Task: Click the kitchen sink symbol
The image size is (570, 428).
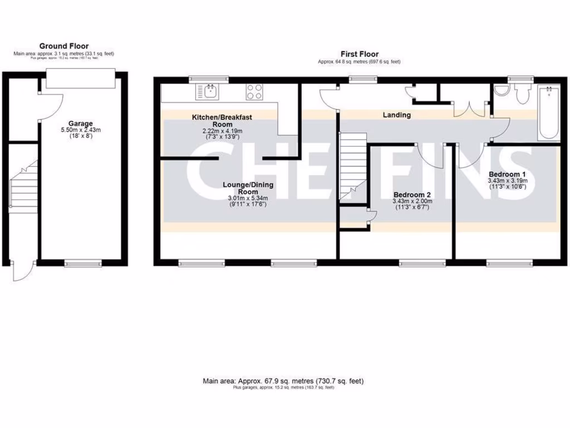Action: pyautogui.click(x=210, y=91)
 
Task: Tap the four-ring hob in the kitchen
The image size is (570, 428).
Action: pyautogui.click(x=255, y=91)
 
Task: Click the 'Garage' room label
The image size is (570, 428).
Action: pyautogui.click(x=81, y=123)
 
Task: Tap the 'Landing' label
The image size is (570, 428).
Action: pyautogui.click(x=397, y=115)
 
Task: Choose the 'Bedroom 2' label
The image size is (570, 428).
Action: pyautogui.click(x=412, y=194)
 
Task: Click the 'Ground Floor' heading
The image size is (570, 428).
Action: pyautogui.click(x=63, y=46)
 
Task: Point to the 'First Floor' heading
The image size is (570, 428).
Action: pyautogui.click(x=360, y=54)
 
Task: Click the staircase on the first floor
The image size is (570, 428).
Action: pyautogui.click(x=352, y=168)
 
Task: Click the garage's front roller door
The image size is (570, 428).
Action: pyautogui.click(x=81, y=78)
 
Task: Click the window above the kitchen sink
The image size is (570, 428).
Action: pyautogui.click(x=209, y=79)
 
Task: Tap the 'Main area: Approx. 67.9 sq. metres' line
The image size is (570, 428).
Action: pyautogui.click(x=283, y=381)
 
